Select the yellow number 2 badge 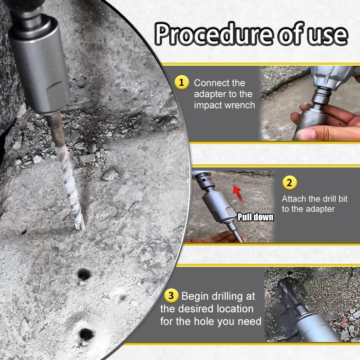point(289,183)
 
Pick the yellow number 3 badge point(171,296)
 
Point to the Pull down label point(255,217)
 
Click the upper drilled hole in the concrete point(83,274)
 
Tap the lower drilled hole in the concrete point(85,334)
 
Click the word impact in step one point(207,105)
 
